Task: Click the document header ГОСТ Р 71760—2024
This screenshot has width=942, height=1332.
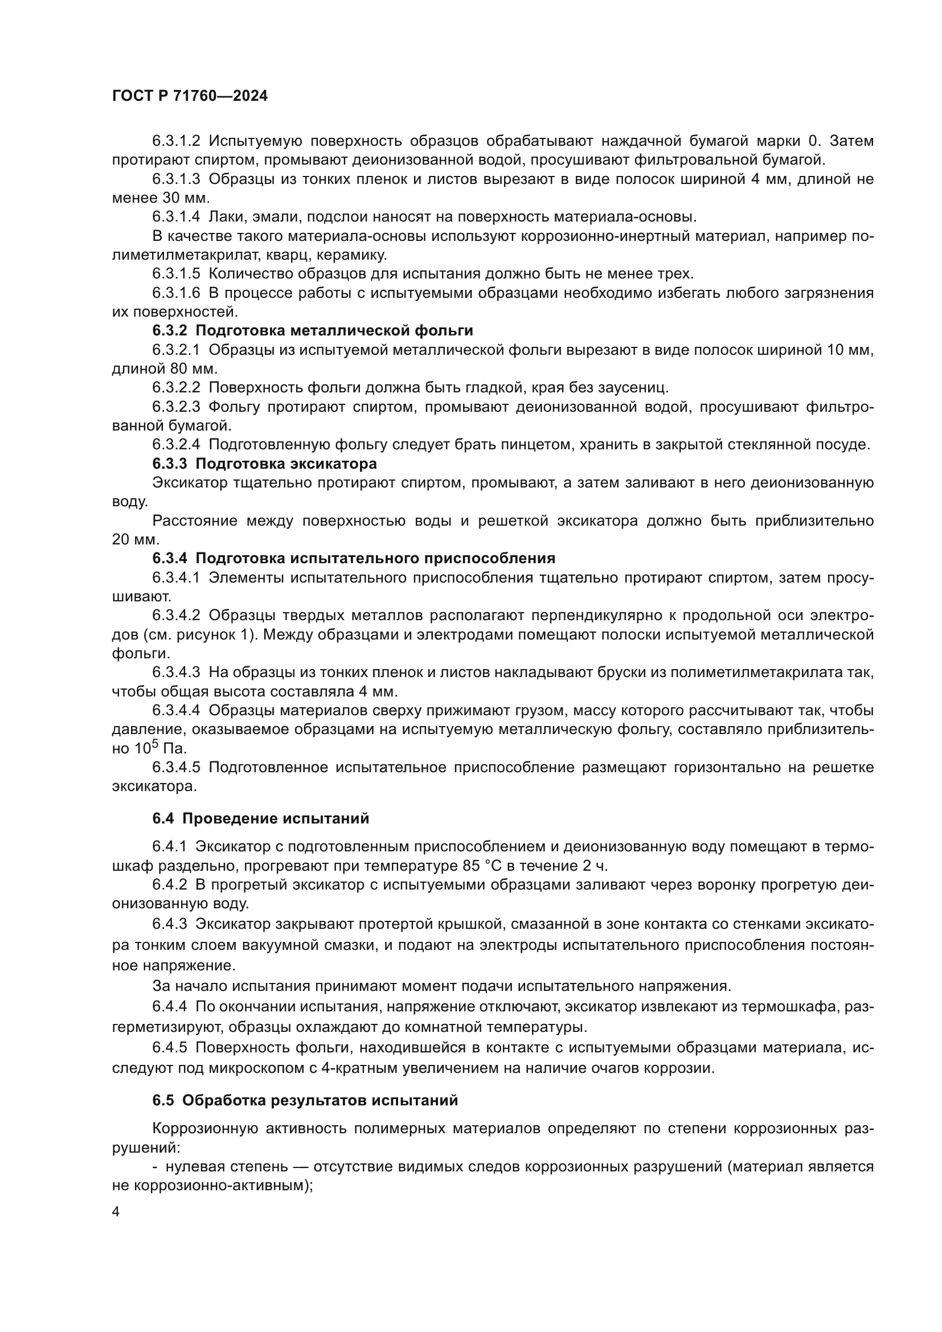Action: [190, 96]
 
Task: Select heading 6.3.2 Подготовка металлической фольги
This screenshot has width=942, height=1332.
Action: [313, 331]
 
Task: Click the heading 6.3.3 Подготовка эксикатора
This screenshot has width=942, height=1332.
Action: [264, 464]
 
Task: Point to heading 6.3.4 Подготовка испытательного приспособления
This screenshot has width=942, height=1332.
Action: [354, 559]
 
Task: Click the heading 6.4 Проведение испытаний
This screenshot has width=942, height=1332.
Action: [260, 818]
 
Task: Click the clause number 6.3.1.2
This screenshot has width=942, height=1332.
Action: [176, 141]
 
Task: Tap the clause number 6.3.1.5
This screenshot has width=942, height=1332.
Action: [176, 274]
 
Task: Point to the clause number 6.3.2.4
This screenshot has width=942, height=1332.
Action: [176, 445]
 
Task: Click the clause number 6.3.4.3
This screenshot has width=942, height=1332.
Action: [176, 673]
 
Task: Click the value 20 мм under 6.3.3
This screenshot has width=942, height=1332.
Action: [135, 539]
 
